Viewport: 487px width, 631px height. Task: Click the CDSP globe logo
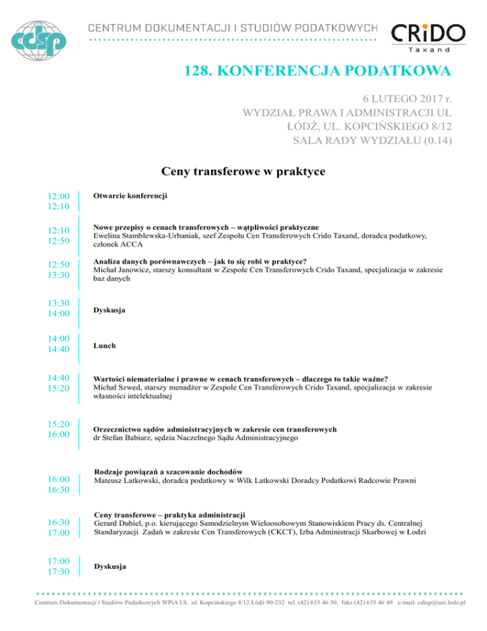coord(42,38)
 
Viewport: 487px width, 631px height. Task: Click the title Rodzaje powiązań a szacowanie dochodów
coord(168,472)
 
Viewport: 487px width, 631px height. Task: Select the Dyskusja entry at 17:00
coord(109,566)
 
